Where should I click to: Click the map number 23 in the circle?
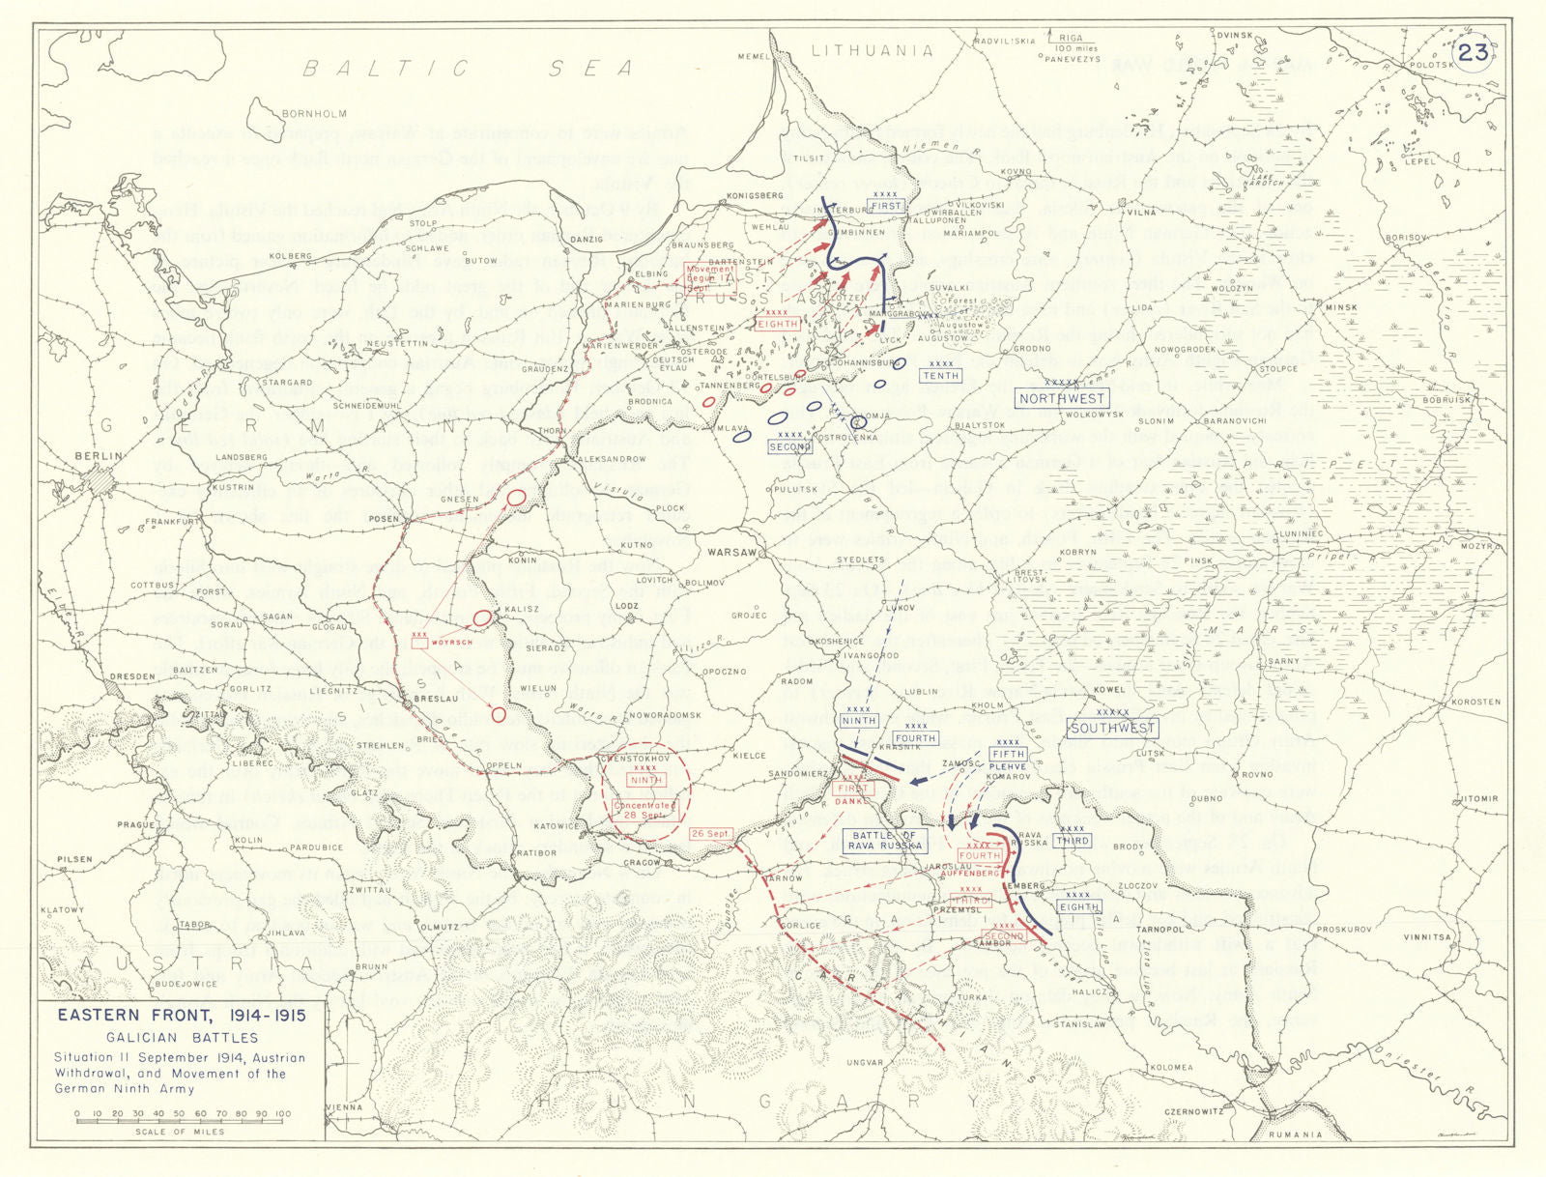[x=1473, y=52]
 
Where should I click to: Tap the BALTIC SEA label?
[x=469, y=68]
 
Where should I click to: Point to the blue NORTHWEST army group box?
[x=1062, y=398]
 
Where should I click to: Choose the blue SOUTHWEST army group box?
[x=1112, y=728]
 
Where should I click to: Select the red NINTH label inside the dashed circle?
[x=645, y=780]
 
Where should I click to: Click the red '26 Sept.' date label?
[x=709, y=833]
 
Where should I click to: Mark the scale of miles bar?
[x=180, y=1114]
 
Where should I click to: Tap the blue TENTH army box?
[x=939, y=375]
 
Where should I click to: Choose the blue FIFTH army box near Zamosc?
[x=1008, y=754]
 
